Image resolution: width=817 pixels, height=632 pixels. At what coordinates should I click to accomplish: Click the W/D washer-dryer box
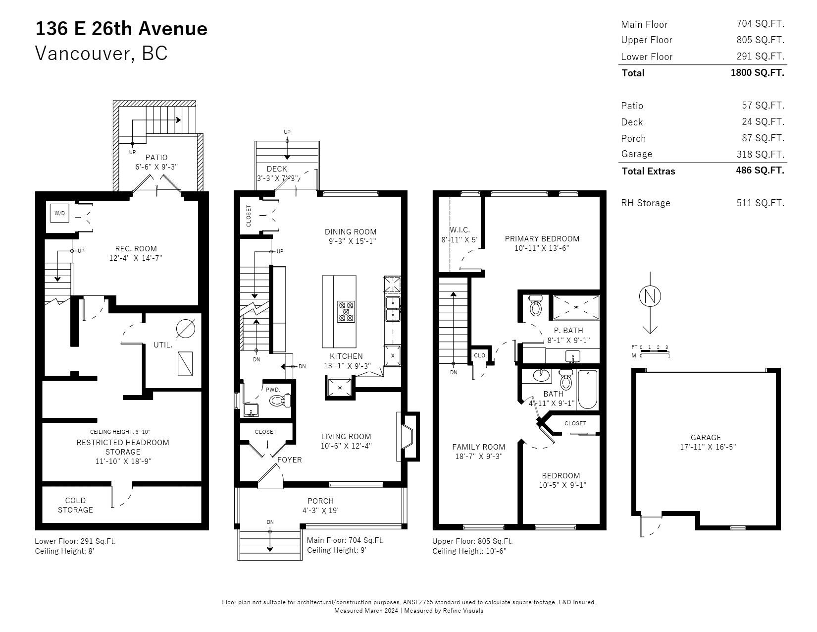(59, 213)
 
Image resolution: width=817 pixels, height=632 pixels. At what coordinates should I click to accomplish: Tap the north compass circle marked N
(650, 296)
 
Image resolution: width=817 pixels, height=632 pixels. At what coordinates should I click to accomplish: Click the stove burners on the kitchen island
(346, 312)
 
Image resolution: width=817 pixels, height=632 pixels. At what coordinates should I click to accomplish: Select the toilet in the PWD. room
(280, 400)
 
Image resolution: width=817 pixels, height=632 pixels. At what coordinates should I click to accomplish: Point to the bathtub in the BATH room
(587, 389)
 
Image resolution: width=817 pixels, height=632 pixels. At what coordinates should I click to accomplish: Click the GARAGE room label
(706, 437)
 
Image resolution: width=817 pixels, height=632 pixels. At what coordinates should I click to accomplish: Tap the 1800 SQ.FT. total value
(757, 73)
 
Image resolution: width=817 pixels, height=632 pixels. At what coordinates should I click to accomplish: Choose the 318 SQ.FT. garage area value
(760, 154)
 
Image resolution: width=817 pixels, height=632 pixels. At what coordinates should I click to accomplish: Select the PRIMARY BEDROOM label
(542, 238)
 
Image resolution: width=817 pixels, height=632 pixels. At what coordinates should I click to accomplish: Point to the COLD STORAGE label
(75, 505)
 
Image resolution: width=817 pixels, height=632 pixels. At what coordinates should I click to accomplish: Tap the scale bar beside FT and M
(655, 351)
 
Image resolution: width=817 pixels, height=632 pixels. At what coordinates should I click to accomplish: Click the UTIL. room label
(163, 345)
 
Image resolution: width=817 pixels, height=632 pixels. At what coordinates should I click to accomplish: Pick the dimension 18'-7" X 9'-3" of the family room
(479, 456)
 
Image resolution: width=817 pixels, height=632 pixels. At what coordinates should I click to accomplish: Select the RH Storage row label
(645, 203)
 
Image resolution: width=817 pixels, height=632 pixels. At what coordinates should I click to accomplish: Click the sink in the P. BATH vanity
(572, 356)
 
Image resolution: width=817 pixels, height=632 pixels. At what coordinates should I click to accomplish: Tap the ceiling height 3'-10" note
(120, 432)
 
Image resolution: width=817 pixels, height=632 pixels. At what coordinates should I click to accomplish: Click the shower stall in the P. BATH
(576, 307)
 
